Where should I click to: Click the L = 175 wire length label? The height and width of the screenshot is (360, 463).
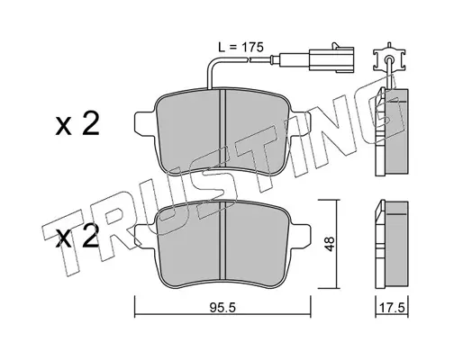(241, 48)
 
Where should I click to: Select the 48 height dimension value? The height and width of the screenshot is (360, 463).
(330, 244)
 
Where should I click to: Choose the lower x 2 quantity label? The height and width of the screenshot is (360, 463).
(77, 237)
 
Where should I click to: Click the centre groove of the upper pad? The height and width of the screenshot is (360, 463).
(222, 129)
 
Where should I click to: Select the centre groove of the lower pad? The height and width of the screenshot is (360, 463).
(222, 241)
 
